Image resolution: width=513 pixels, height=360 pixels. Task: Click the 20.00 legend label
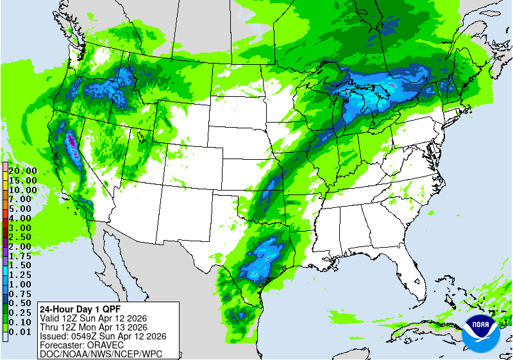tap(22, 171)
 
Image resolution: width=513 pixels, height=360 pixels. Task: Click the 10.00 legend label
tap(22, 190)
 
